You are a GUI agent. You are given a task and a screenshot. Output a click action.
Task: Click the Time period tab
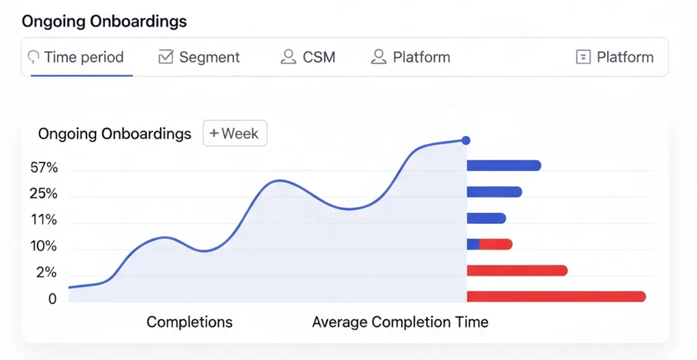pos(76,57)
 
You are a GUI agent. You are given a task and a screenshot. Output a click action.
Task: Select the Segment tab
pos(199,57)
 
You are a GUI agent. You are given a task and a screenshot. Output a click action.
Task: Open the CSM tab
pos(308,57)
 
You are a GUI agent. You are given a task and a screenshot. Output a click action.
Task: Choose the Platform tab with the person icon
pos(410,57)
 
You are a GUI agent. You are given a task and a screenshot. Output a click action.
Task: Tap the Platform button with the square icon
pos(615,57)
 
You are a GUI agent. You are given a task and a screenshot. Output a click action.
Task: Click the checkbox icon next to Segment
pos(165,57)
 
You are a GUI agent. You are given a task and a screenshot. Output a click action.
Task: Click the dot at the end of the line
pos(466,140)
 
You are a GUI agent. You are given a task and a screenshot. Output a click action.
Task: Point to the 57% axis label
pos(44,168)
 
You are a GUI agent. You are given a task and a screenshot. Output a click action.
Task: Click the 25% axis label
pos(44,194)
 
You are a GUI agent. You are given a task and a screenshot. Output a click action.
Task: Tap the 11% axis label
pos(44,220)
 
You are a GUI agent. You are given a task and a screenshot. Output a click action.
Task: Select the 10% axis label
pos(44,246)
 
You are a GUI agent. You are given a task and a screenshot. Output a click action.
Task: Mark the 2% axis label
pos(46,273)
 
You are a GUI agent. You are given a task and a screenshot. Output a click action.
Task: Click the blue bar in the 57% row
pos(504,165)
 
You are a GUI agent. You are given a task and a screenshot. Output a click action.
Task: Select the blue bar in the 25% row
pos(494,192)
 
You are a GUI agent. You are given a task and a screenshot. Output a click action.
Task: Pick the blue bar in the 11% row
pos(486,218)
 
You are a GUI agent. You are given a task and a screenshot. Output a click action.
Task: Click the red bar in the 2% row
pos(517,271)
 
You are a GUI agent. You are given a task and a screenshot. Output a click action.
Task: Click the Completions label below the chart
pos(189,322)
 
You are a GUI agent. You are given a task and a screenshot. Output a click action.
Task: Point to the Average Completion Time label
pos(400,322)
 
